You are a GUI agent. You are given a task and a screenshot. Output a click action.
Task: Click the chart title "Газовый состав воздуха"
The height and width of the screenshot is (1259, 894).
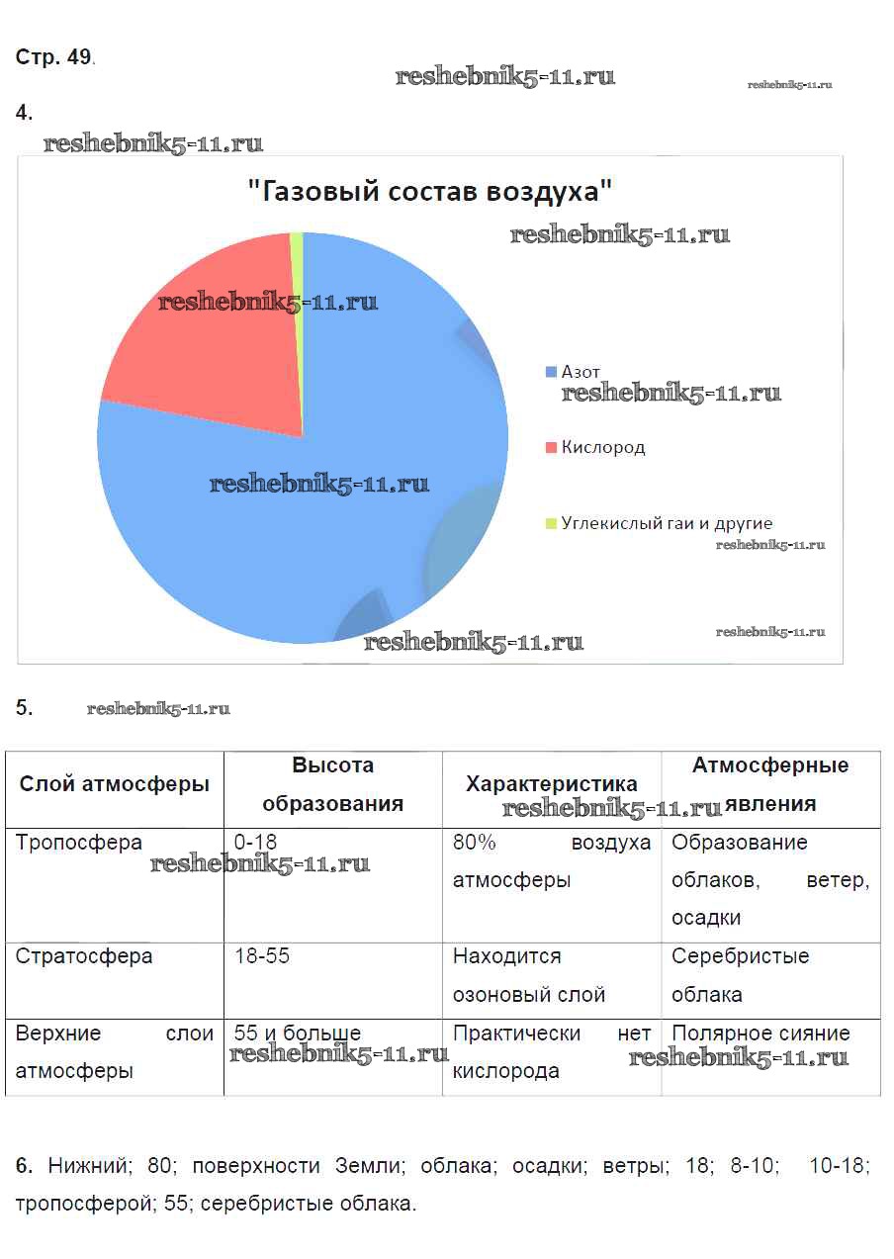[x=429, y=191]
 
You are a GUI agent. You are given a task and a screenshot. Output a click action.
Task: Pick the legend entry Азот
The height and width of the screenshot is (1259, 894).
[x=581, y=372]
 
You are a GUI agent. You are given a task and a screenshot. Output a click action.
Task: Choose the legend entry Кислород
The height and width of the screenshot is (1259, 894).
[x=602, y=447]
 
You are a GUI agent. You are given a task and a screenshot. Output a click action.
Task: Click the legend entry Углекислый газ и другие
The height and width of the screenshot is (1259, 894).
[x=667, y=523]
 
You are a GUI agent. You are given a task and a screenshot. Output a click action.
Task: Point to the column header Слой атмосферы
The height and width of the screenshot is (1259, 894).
[x=115, y=785]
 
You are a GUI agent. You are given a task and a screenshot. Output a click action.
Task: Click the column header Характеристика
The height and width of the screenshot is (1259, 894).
[x=551, y=785]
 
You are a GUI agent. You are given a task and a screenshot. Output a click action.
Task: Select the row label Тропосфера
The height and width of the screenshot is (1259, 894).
[x=79, y=843]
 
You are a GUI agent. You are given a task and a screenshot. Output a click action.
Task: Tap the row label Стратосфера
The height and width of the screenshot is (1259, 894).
[x=84, y=956]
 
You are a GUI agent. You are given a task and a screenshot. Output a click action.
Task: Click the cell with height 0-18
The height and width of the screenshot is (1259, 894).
[x=256, y=843]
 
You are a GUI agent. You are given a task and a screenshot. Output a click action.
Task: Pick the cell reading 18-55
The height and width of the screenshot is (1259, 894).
[x=262, y=956]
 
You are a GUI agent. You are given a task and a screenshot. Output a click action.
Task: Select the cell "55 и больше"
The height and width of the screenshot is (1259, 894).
[x=298, y=1034]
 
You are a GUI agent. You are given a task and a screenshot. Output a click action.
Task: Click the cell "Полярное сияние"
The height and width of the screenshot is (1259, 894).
[x=760, y=1034]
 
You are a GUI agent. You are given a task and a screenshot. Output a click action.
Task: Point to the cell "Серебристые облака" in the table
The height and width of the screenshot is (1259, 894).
[x=740, y=974]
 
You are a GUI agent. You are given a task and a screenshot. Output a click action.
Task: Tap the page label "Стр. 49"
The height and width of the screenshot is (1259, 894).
[x=53, y=57]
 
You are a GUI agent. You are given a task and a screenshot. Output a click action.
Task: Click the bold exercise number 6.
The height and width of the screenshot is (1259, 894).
[x=25, y=1166]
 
